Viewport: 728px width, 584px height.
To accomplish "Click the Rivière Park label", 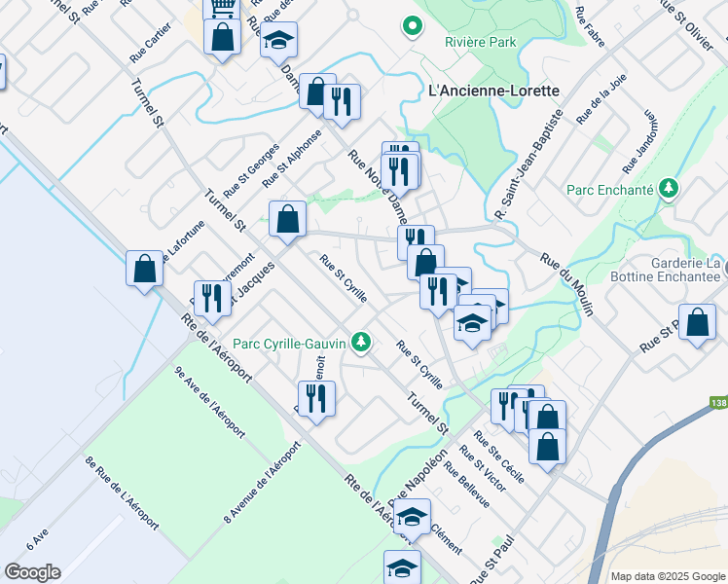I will [x=480, y=43].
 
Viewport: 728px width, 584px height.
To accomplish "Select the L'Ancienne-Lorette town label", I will [x=493, y=91].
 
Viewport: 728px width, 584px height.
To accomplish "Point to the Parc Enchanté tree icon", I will [x=668, y=188].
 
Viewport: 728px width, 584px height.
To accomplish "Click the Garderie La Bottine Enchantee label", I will [x=686, y=271].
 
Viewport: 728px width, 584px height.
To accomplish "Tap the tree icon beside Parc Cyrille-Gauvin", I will [x=361, y=341].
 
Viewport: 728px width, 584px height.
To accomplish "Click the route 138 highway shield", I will [x=718, y=402].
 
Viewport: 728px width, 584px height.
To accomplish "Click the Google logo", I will [x=32, y=572].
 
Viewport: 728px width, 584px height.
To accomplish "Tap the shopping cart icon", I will [x=222, y=7].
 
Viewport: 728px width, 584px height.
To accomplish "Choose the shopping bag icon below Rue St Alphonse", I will [x=288, y=219].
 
